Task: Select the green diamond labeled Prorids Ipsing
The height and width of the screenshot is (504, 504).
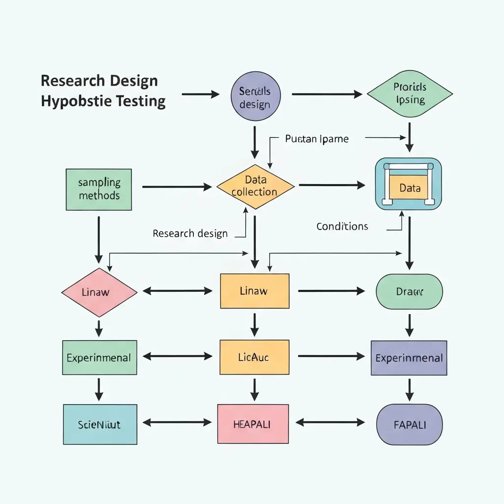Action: click(409, 94)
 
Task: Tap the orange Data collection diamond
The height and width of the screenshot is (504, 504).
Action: click(255, 187)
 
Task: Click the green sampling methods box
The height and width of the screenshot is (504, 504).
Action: click(98, 189)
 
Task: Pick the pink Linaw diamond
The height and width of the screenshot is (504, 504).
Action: click(99, 292)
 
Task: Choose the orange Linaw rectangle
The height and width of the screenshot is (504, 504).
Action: click(254, 291)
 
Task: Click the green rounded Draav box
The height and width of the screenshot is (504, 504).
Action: click(409, 291)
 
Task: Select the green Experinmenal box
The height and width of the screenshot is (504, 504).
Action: click(98, 357)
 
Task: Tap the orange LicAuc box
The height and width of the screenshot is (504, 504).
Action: click(254, 357)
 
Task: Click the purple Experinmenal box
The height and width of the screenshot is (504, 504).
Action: click(409, 358)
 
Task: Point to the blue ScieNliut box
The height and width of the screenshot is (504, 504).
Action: click(100, 424)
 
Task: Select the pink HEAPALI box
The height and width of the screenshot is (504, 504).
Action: click(253, 424)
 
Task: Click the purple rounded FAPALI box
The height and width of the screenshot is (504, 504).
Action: click(409, 424)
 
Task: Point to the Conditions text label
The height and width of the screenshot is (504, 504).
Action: click(342, 226)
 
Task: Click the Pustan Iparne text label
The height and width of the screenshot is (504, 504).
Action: click(316, 139)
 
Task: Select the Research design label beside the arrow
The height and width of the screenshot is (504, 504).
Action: click(190, 233)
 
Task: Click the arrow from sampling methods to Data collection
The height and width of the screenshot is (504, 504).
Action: click(176, 187)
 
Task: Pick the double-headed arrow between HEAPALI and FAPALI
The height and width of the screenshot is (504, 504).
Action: click(330, 422)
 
